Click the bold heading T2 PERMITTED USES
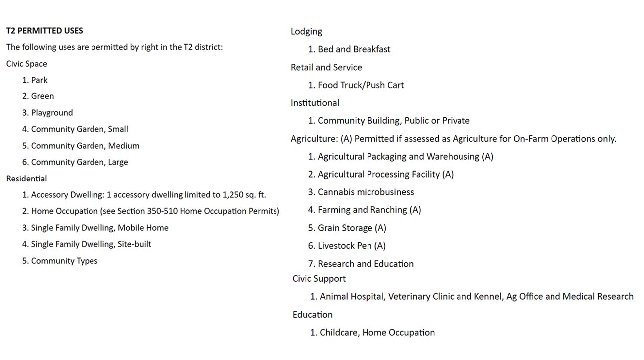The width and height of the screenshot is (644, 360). [x=45, y=31]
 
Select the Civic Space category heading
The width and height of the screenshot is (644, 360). [x=27, y=64]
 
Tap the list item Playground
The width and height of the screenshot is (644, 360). [x=52, y=113]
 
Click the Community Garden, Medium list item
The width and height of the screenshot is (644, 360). [x=85, y=146]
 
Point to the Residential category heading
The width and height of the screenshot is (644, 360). [x=27, y=179]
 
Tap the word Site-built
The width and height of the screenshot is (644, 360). [x=133, y=244]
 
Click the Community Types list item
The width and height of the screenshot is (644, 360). [x=64, y=261]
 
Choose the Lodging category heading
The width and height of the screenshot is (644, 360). [x=306, y=32]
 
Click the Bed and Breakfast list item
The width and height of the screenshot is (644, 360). [x=354, y=49]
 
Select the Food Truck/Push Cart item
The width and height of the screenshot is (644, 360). [x=361, y=85]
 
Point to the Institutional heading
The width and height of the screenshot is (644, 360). [x=315, y=103]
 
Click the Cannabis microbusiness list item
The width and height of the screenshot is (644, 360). [x=366, y=192]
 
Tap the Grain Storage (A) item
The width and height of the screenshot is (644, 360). [x=352, y=228]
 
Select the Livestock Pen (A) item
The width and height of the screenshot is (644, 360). [x=352, y=246]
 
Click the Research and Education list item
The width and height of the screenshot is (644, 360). [x=366, y=264]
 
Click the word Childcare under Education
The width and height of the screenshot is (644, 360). [x=338, y=333]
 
